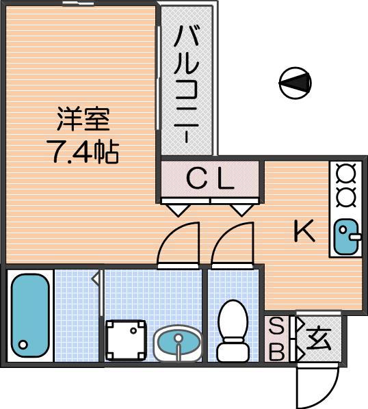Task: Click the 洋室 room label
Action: click(x=83, y=120)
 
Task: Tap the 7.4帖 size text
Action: click(x=83, y=151)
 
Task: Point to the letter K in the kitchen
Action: click(x=304, y=230)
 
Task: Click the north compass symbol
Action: click(x=295, y=83)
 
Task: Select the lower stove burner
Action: click(x=346, y=198)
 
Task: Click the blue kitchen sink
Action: click(x=347, y=237)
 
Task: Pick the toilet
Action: click(x=233, y=330)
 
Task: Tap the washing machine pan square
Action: click(x=126, y=341)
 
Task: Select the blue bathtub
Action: click(x=30, y=315)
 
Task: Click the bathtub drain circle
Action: click(x=23, y=345)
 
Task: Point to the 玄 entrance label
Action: click(x=319, y=339)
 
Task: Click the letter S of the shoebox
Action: click(x=276, y=327)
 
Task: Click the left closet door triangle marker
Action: click(x=179, y=210)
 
